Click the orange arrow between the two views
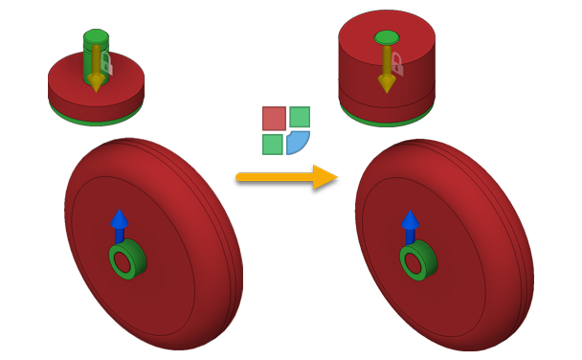pyautogui.click(x=287, y=177)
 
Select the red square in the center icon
pyautogui.click(x=275, y=118)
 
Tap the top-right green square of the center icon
pyautogui.click(x=300, y=117)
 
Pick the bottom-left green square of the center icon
pyautogui.click(x=273, y=144)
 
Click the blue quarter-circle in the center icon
pyautogui.click(x=297, y=142)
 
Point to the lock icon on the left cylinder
pyautogui.click(x=107, y=64)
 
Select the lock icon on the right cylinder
pyautogui.click(x=397, y=64)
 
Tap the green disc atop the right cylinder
pyautogui.click(x=386, y=37)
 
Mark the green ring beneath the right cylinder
pyautogui.click(x=387, y=122)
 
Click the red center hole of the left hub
pyautogui.click(x=122, y=259)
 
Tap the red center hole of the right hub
pyautogui.click(x=413, y=260)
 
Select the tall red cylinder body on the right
pyautogui.click(x=364, y=72)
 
